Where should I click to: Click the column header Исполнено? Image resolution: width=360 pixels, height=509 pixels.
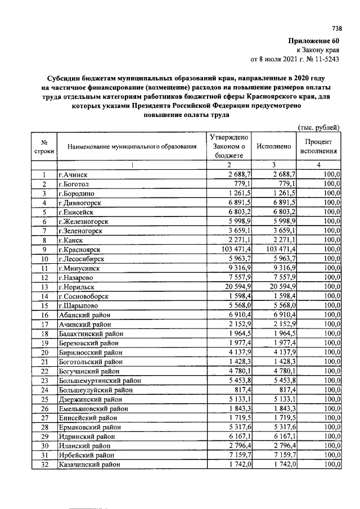click(273, 147)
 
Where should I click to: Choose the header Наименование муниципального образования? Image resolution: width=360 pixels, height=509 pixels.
click(132, 147)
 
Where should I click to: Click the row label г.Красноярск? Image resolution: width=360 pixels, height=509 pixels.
click(79, 249)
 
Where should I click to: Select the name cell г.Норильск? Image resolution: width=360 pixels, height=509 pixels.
click(76, 286)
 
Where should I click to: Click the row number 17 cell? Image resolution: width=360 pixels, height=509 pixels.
click(43, 324)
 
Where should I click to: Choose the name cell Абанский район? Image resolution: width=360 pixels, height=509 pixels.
click(83, 314)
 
